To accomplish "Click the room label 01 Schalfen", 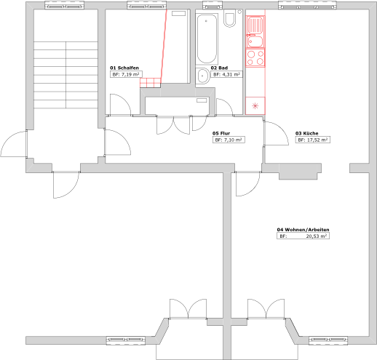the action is click(124, 68).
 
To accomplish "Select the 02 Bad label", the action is click(219, 68).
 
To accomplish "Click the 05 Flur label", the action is click(221, 133).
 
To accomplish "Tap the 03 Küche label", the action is click(307, 133).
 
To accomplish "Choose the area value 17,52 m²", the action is click(317, 140).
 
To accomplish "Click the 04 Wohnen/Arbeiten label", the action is click(303, 230).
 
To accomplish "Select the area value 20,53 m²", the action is click(317, 236).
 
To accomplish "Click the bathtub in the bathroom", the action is click(207, 39).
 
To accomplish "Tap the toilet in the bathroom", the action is click(229, 18).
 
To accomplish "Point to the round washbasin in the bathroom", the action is click(202, 76).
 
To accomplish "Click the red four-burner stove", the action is click(255, 57).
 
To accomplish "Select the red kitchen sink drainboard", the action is click(255, 25).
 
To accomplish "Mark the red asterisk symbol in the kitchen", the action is click(255, 105).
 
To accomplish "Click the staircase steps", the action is click(66, 75).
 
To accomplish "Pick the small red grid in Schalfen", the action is click(150, 83).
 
